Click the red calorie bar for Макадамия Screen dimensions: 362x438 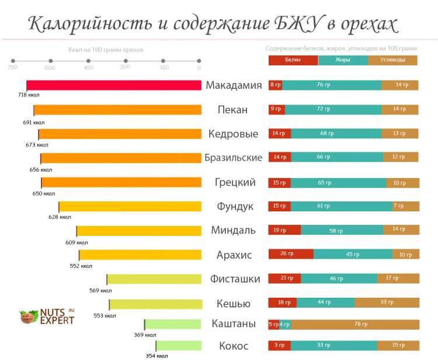[114, 85]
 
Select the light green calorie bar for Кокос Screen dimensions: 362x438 [179, 346]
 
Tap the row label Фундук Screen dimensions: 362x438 [235, 207]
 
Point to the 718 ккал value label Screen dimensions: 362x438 [29, 95]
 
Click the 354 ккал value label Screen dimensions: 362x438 [157, 355]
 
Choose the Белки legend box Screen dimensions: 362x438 [293, 60]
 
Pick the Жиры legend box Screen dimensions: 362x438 [343, 60]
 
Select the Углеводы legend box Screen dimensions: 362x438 [392, 60]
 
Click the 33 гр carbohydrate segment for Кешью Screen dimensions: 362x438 [386, 302]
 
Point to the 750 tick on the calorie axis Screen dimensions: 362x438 [12, 61]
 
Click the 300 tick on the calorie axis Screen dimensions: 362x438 [125, 61]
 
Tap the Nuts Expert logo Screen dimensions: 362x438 [47, 316]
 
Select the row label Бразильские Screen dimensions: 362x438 [233, 158]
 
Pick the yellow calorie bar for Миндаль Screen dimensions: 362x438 [139, 230]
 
